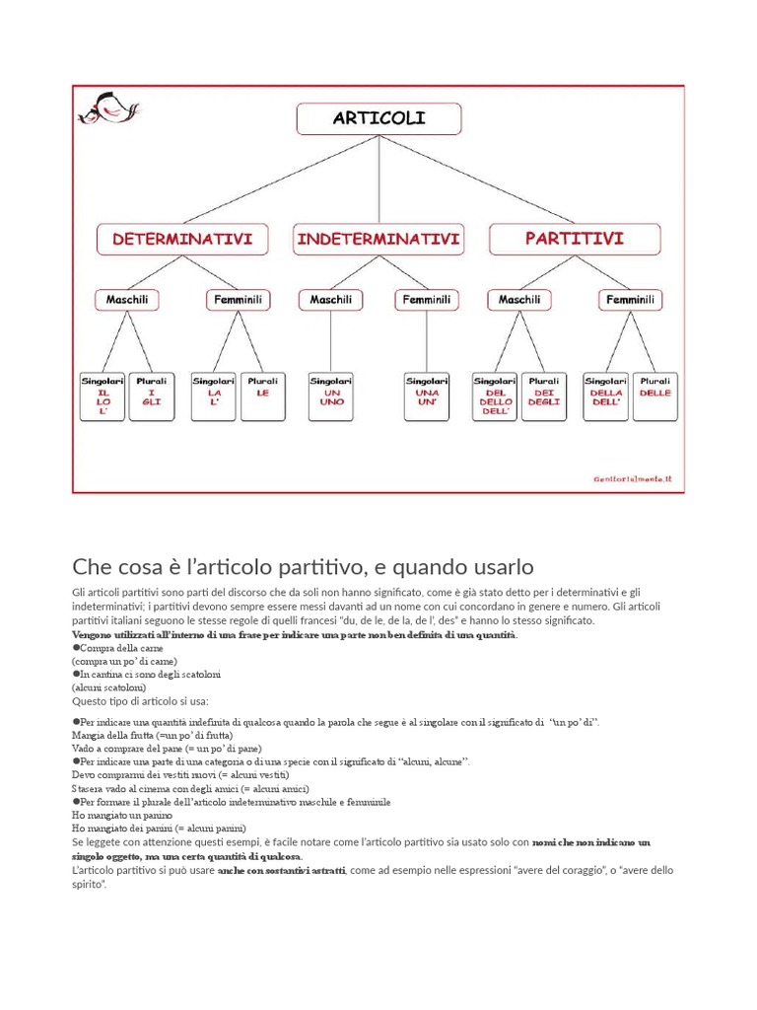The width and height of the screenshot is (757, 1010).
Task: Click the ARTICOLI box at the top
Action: click(x=378, y=119)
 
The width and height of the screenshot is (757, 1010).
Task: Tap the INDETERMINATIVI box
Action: click(x=378, y=240)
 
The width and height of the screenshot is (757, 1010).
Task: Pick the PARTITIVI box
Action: click(x=575, y=240)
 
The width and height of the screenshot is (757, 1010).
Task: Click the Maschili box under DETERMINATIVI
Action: click(x=127, y=300)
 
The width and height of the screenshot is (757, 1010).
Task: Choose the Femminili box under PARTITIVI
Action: click(x=630, y=300)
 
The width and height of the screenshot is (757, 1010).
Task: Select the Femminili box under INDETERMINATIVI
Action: click(x=426, y=300)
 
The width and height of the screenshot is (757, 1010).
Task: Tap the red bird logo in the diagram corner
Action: click(x=108, y=108)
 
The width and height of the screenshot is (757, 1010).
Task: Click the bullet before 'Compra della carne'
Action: click(x=76, y=648)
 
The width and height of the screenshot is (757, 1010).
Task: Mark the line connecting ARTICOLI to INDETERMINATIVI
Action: click(x=378, y=180)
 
